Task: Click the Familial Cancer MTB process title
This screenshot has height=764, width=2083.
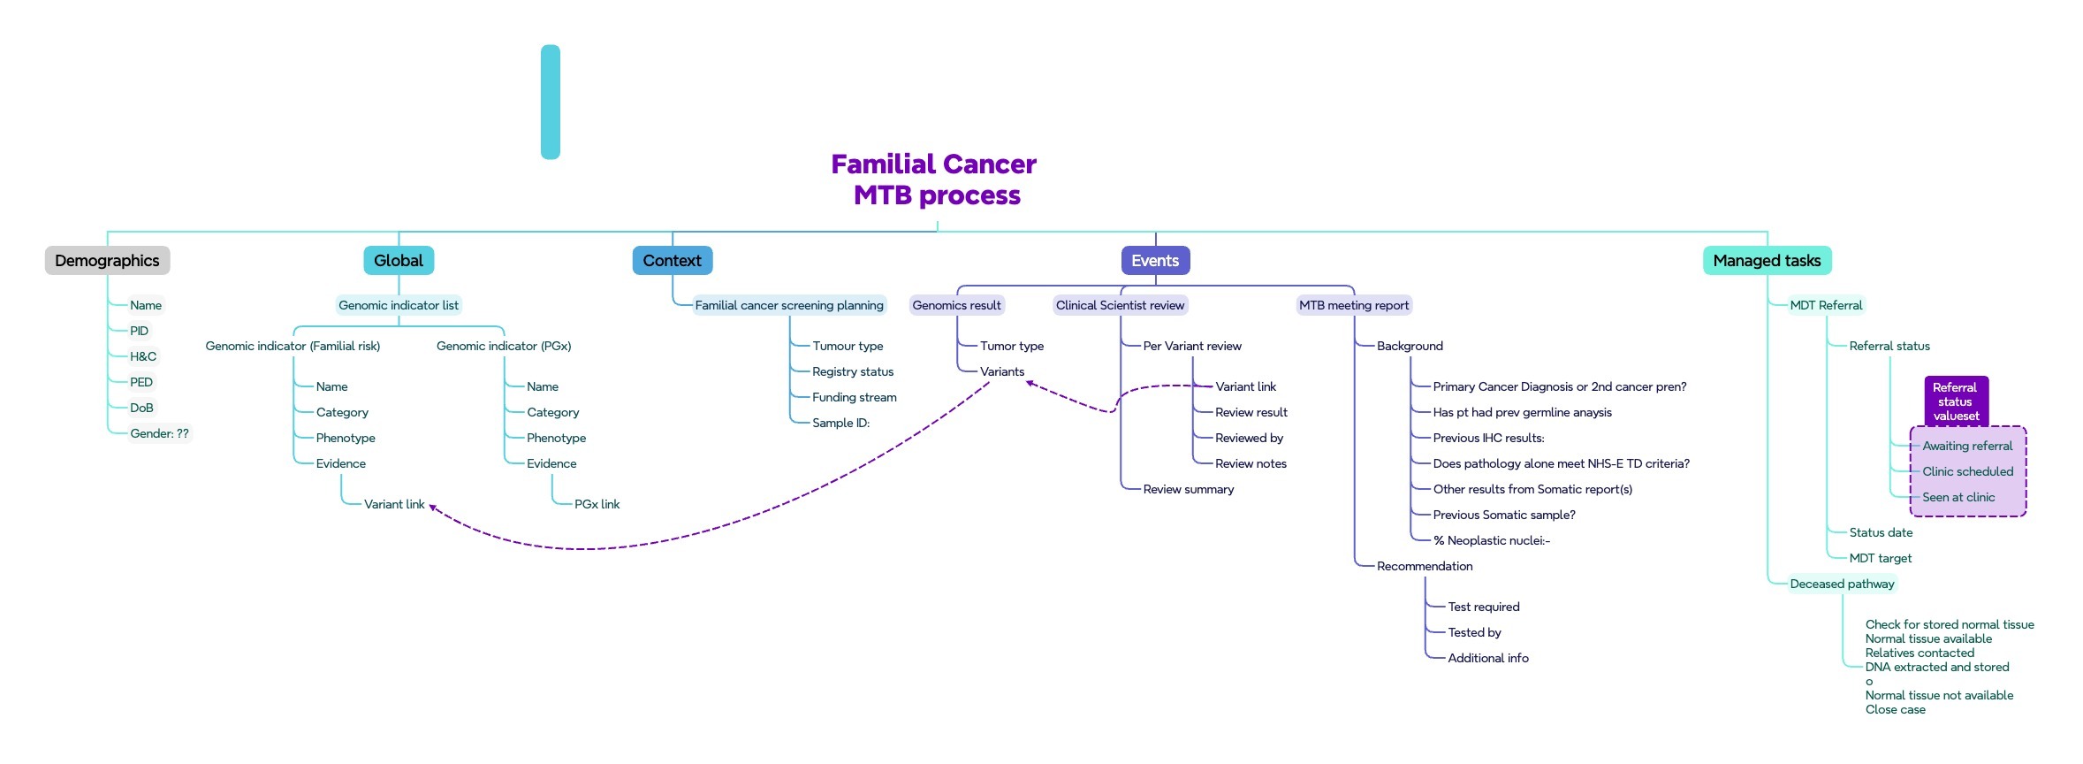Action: click(934, 180)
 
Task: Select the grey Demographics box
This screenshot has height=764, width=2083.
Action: click(107, 261)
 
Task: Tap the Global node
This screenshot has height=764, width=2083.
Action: click(399, 261)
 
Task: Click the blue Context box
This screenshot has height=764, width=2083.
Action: click(672, 261)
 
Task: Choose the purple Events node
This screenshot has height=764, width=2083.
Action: click(1155, 261)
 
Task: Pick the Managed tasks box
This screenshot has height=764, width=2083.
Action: click(1767, 261)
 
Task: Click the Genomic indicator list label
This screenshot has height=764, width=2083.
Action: click(399, 305)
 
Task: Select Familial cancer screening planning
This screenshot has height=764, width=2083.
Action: click(789, 305)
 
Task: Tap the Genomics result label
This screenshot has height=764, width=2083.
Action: click(956, 305)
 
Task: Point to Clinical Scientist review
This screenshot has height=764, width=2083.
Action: click(1120, 305)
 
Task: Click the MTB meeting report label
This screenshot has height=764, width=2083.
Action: click(1354, 305)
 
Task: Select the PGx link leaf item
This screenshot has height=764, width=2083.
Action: click(597, 504)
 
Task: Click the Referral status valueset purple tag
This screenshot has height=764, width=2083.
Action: click(1956, 401)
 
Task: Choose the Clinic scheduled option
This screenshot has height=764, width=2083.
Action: click(1967, 471)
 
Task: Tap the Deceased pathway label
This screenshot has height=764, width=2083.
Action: click(1842, 584)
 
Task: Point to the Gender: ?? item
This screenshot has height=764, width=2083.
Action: click(159, 433)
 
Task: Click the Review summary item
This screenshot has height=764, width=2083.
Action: click(1188, 489)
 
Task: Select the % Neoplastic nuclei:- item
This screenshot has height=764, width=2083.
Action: click(1491, 540)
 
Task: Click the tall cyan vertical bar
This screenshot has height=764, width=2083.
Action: click(551, 102)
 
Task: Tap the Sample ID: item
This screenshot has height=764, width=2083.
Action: click(840, 423)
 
